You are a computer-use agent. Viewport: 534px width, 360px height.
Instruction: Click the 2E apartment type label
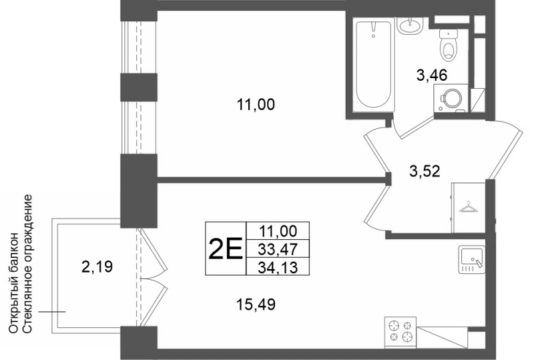pos(225,249)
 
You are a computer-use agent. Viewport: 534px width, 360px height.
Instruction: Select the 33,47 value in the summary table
pos(278,249)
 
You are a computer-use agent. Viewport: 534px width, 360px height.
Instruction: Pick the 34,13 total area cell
pos(278,267)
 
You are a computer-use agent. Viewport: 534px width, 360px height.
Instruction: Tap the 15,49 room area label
pos(256,304)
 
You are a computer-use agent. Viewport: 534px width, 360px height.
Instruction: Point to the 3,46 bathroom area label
pos(432,75)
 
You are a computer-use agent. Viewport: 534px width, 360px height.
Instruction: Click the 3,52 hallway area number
pos(425,171)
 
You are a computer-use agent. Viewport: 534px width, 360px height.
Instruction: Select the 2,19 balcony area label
pos(97,266)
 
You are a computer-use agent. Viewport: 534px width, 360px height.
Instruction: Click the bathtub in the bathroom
pos(373,64)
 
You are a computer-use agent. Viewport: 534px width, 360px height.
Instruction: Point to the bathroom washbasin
pos(410,25)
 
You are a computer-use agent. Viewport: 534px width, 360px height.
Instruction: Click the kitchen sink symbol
pos(472,259)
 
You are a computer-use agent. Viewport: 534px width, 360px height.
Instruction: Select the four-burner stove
pos(400,330)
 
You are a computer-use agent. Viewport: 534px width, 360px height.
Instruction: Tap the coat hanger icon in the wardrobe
pos(469,207)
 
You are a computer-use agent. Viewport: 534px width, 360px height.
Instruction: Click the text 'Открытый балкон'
pos(13,283)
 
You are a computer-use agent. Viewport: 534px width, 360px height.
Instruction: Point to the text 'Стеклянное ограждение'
pos(27,264)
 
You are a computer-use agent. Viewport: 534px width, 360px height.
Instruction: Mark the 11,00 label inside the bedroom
pos(256,105)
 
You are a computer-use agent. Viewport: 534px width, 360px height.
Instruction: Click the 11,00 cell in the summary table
pos(278,231)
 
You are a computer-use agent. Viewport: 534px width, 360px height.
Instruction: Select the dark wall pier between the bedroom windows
pos(139,87)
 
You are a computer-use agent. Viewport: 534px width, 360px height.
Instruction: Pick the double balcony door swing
pos(154,278)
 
